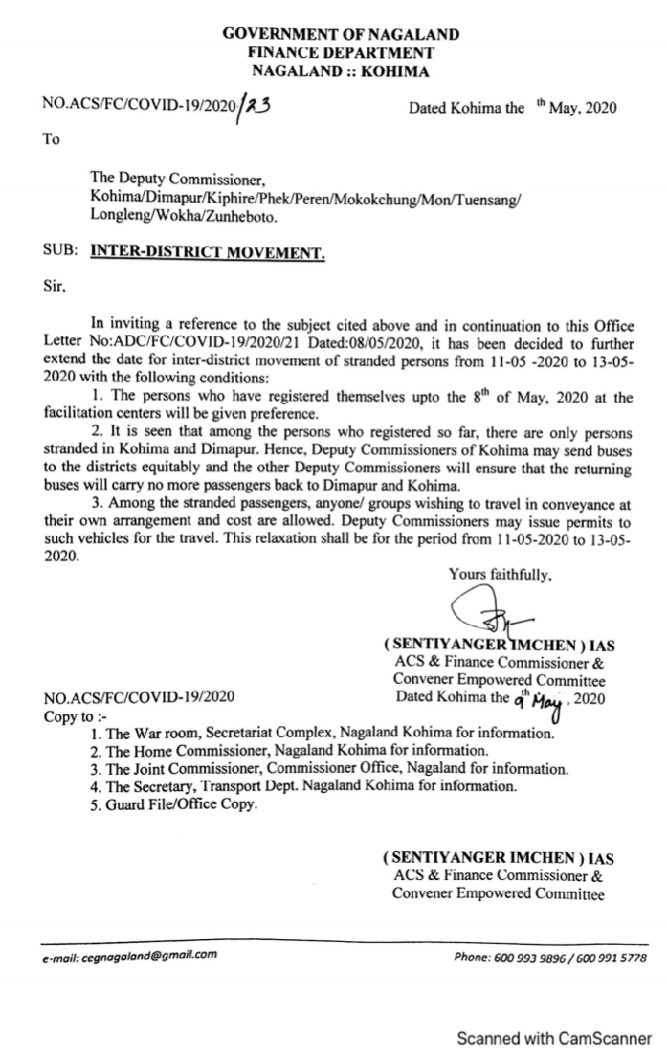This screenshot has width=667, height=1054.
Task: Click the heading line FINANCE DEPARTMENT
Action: point(340,52)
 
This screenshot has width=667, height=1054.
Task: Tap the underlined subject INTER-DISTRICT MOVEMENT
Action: point(208,253)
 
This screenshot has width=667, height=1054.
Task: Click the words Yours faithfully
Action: point(500,574)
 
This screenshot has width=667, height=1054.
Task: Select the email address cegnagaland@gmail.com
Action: point(130,954)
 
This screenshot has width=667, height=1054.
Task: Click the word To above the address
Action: point(51,139)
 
